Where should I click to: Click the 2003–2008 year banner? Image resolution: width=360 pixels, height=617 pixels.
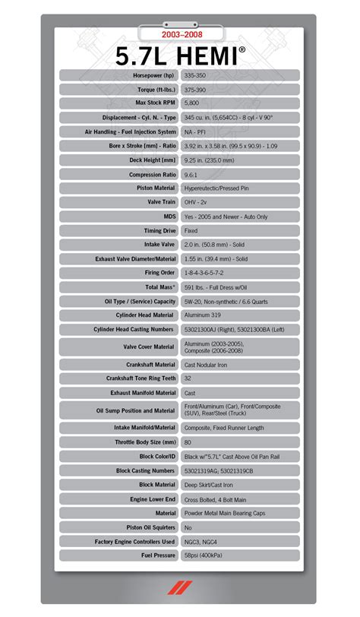[x=180, y=35]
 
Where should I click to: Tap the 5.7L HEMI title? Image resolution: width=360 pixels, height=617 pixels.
[x=180, y=55]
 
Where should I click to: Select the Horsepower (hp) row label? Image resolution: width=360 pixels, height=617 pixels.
[x=153, y=75]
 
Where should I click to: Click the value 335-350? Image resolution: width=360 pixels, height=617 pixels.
[x=196, y=75]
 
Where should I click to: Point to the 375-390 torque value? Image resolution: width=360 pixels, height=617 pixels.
[x=196, y=89]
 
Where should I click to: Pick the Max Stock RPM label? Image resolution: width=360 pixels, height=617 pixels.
[x=155, y=103]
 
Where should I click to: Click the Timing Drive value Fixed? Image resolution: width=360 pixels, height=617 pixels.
[x=191, y=230]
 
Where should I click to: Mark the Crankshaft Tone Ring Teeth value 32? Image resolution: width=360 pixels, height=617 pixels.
[x=188, y=378]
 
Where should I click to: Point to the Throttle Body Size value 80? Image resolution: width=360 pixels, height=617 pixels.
[x=188, y=442]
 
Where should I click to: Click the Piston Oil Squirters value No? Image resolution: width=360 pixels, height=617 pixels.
[x=188, y=527]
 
